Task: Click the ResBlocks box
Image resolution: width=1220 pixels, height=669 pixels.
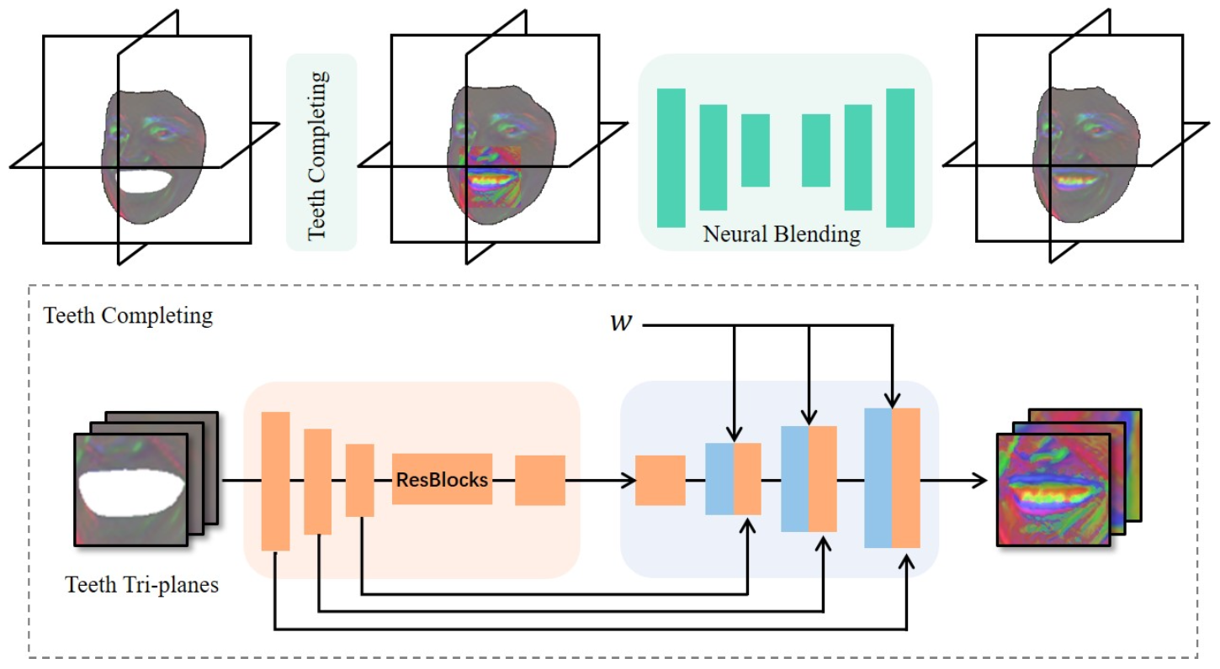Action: pyautogui.click(x=442, y=480)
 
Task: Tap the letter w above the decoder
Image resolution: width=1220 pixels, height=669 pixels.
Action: pyautogui.click(x=620, y=324)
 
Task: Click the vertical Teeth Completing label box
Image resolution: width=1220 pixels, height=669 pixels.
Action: pyautogui.click(x=321, y=152)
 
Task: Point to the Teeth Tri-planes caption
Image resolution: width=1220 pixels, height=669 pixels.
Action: pyautogui.click(x=141, y=584)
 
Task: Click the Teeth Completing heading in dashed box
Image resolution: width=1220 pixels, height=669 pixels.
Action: pyautogui.click(x=128, y=317)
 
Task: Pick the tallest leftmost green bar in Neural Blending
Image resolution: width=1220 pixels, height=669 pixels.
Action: pyautogui.click(x=671, y=157)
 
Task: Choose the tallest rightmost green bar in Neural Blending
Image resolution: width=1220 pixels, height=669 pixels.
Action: pyautogui.click(x=899, y=157)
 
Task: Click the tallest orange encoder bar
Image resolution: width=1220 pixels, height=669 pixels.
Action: pyautogui.click(x=275, y=481)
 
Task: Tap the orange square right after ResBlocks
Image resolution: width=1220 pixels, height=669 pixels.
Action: pyautogui.click(x=539, y=480)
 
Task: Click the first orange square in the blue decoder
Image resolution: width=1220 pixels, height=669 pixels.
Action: pyautogui.click(x=660, y=480)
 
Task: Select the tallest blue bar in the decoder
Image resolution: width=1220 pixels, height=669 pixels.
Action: pyautogui.click(x=878, y=477)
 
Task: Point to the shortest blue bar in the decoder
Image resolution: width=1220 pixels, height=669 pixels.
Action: pyautogui.click(x=719, y=478)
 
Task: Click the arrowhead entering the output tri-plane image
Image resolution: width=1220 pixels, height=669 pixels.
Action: pyautogui.click(x=980, y=480)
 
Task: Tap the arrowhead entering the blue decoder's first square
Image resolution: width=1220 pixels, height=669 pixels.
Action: pyautogui.click(x=628, y=480)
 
